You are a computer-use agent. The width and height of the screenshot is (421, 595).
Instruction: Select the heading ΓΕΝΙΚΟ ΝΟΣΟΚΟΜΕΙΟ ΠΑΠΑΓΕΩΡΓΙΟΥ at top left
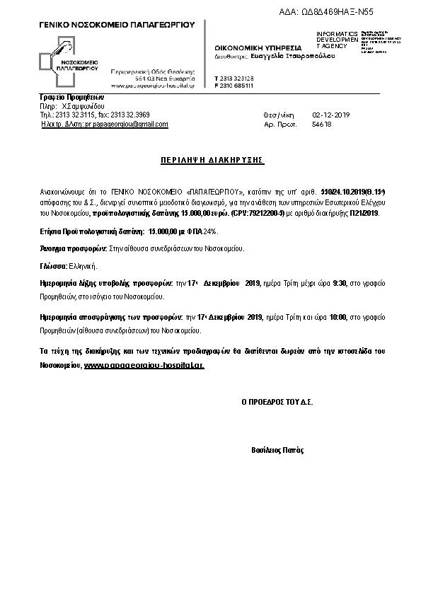116,25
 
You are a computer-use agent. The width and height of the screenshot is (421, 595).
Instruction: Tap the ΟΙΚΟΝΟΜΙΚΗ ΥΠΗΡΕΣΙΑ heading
252,47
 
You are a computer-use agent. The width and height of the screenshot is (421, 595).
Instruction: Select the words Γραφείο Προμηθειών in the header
71,97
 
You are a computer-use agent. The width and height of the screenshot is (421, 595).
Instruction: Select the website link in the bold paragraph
144,366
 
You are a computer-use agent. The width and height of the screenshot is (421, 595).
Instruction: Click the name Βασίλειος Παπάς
277,449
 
